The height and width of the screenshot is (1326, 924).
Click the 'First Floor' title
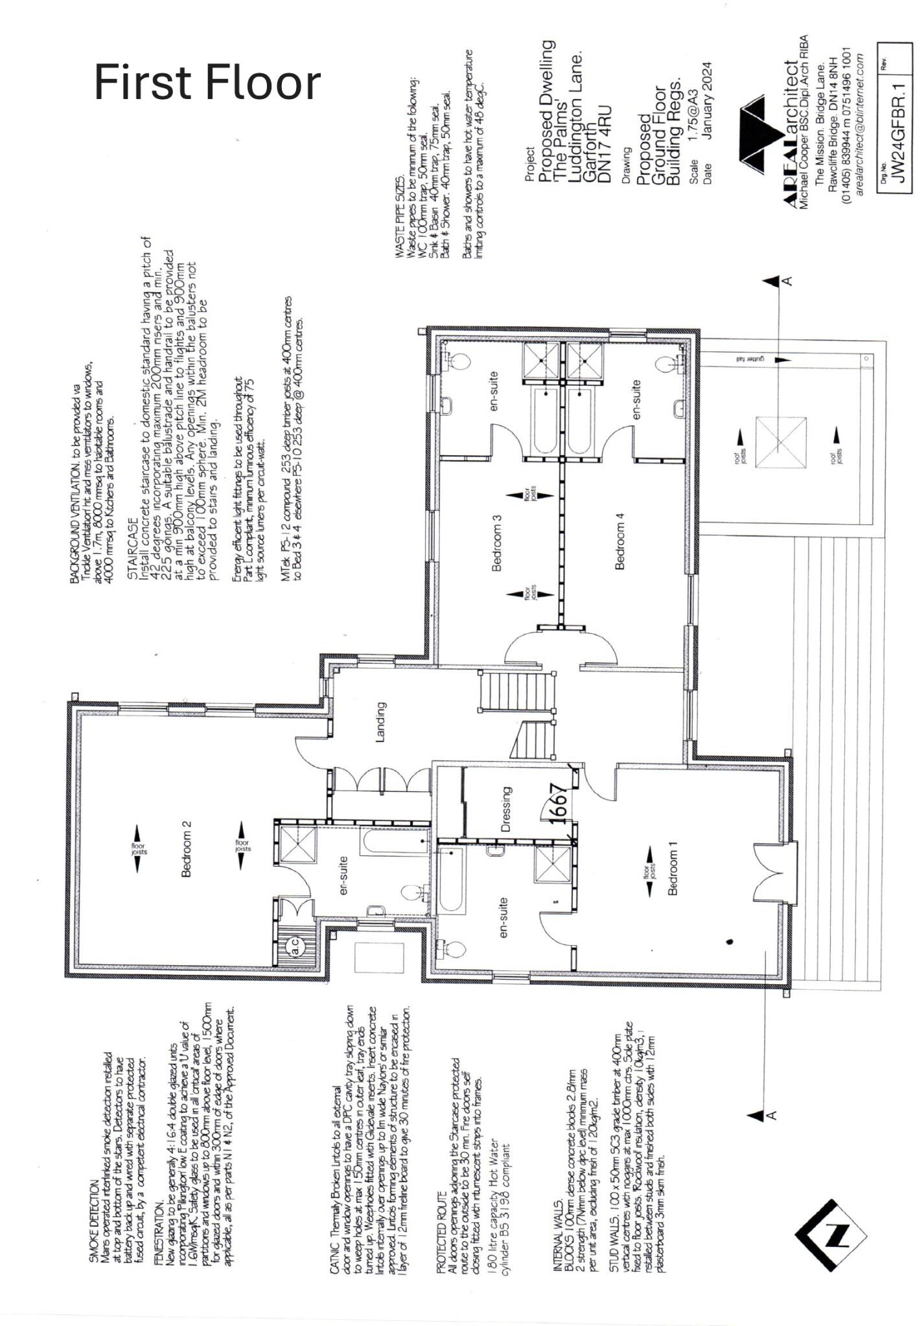207,82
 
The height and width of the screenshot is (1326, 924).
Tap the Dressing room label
507,809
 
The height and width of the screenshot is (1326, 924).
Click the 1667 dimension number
559,803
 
